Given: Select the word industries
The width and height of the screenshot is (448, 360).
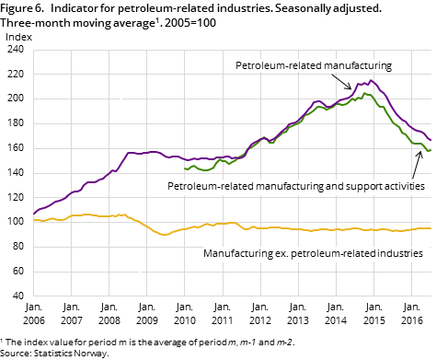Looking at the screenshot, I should [x=397, y=252].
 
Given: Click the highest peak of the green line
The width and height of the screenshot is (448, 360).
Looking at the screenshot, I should [x=365, y=93].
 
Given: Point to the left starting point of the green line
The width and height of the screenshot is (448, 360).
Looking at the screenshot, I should [x=185, y=168].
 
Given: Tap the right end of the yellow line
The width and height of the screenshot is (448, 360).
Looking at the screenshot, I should [x=431, y=228].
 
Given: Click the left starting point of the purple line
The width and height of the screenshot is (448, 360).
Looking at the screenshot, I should [x=33, y=214].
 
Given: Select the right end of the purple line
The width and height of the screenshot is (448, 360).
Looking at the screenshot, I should [x=431, y=140].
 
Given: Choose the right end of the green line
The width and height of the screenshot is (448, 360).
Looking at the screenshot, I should [x=431, y=150].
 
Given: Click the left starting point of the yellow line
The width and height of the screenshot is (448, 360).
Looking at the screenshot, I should [x=33, y=220].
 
